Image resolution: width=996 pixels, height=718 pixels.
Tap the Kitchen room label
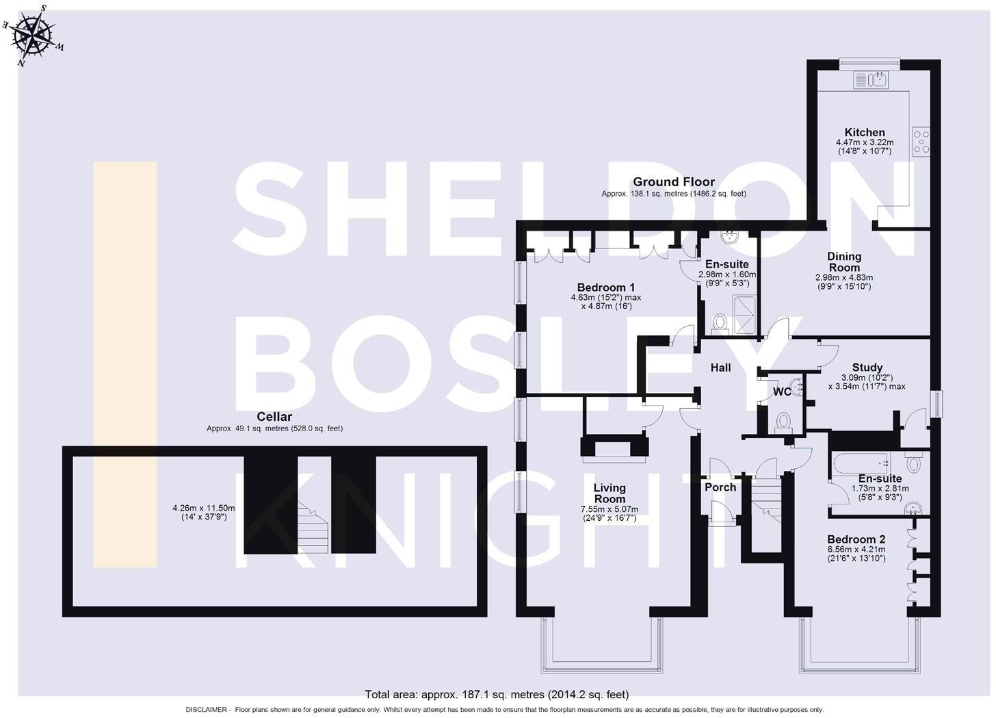coord(865,132)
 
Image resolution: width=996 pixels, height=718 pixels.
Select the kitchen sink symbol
coord(870,80)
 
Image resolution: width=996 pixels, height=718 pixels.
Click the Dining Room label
coord(844,261)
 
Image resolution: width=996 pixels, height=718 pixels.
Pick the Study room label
coord(867,368)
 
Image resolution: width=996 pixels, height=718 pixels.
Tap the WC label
coord(781,392)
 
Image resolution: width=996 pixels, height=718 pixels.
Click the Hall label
coord(720,368)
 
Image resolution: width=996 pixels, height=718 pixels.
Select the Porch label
coord(720,487)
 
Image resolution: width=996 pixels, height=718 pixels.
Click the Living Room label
coord(610,493)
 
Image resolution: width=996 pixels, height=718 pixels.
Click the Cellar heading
coord(274,417)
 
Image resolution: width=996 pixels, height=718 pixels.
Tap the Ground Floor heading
coord(673,182)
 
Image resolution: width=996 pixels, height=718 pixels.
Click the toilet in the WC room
coord(784,420)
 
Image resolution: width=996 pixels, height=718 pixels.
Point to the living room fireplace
coord(614,448)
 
